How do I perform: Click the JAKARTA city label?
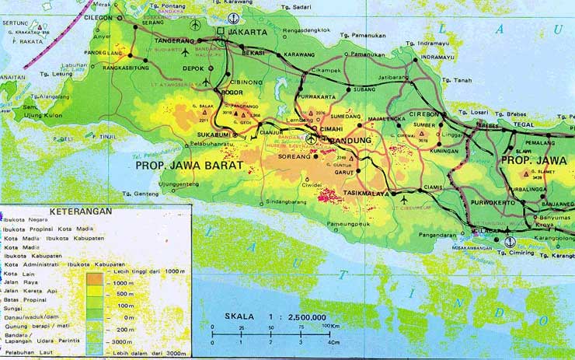[246, 33]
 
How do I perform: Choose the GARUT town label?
[345, 173]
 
